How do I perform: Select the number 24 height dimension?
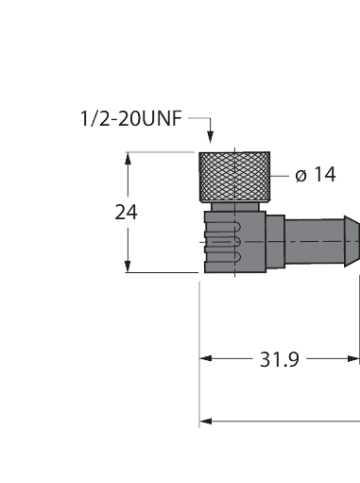pyautogui.click(x=125, y=212)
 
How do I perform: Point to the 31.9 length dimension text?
pyautogui.click(x=280, y=359)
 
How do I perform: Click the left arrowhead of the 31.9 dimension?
pyautogui.click(x=205, y=359)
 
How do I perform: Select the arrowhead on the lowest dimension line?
pyautogui.click(x=206, y=421)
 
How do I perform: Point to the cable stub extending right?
pyautogui.click(x=317, y=241)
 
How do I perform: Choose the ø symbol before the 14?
pyautogui.click(x=300, y=177)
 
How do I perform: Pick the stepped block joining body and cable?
pyautogui.click(x=275, y=241)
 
